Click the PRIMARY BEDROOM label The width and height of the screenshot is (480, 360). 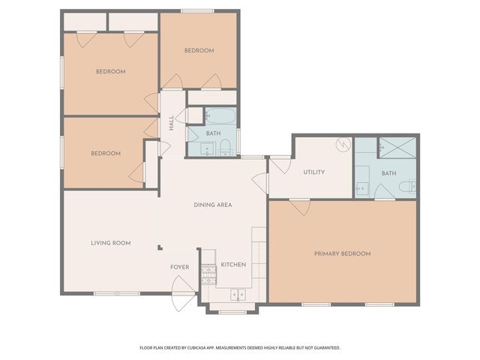tap(342, 253)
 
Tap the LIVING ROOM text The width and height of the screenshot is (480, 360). tap(111, 242)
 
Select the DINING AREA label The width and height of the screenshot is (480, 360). tap(212, 205)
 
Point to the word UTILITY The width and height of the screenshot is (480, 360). tap(313, 172)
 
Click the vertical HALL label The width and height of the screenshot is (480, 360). tap(172, 121)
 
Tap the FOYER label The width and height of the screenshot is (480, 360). tap(179, 267)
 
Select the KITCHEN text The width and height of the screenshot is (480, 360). tap(233, 265)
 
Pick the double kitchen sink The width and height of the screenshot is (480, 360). tap(237, 295)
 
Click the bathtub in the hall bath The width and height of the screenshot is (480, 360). tap(221, 116)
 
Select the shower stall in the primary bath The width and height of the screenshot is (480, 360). tap(396, 147)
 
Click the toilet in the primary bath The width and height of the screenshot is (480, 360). tap(407, 187)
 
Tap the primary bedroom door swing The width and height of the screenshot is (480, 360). tap(300, 206)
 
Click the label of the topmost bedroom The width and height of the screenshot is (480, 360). tap(199, 50)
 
